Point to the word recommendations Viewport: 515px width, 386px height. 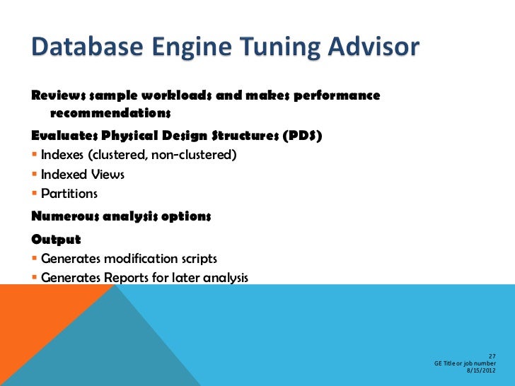pos(111,113)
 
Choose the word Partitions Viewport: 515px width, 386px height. pos(69,193)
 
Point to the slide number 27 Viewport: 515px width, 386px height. pos(492,356)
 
